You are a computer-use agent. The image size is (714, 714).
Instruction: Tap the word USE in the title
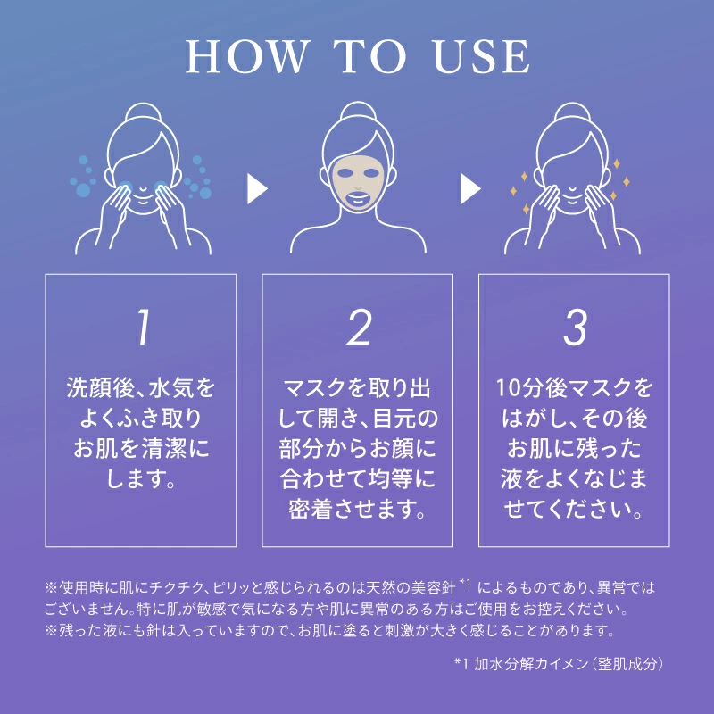[x=482, y=56]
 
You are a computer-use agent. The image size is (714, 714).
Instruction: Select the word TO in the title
[x=369, y=56]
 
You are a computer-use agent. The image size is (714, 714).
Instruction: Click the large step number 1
[x=144, y=327]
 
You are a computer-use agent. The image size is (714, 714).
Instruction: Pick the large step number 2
[x=359, y=327]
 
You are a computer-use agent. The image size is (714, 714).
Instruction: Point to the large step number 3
[x=575, y=327]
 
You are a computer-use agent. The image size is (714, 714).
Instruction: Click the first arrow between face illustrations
[x=257, y=188]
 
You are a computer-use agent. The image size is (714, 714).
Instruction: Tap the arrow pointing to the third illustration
[x=470, y=188]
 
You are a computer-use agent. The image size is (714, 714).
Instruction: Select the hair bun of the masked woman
[x=359, y=111]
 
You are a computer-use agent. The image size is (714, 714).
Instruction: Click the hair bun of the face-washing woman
[x=144, y=112]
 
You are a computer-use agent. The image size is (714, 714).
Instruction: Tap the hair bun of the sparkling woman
[x=572, y=112]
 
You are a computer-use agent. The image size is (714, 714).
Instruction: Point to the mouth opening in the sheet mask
[x=359, y=198]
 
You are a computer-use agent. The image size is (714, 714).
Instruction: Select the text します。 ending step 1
[x=141, y=479]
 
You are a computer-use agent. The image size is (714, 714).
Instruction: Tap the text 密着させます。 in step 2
[x=358, y=510]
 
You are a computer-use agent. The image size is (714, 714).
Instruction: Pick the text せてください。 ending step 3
[x=574, y=510]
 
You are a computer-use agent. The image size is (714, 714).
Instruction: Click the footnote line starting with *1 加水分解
[x=559, y=664]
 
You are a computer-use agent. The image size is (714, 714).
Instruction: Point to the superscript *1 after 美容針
[x=465, y=583]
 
